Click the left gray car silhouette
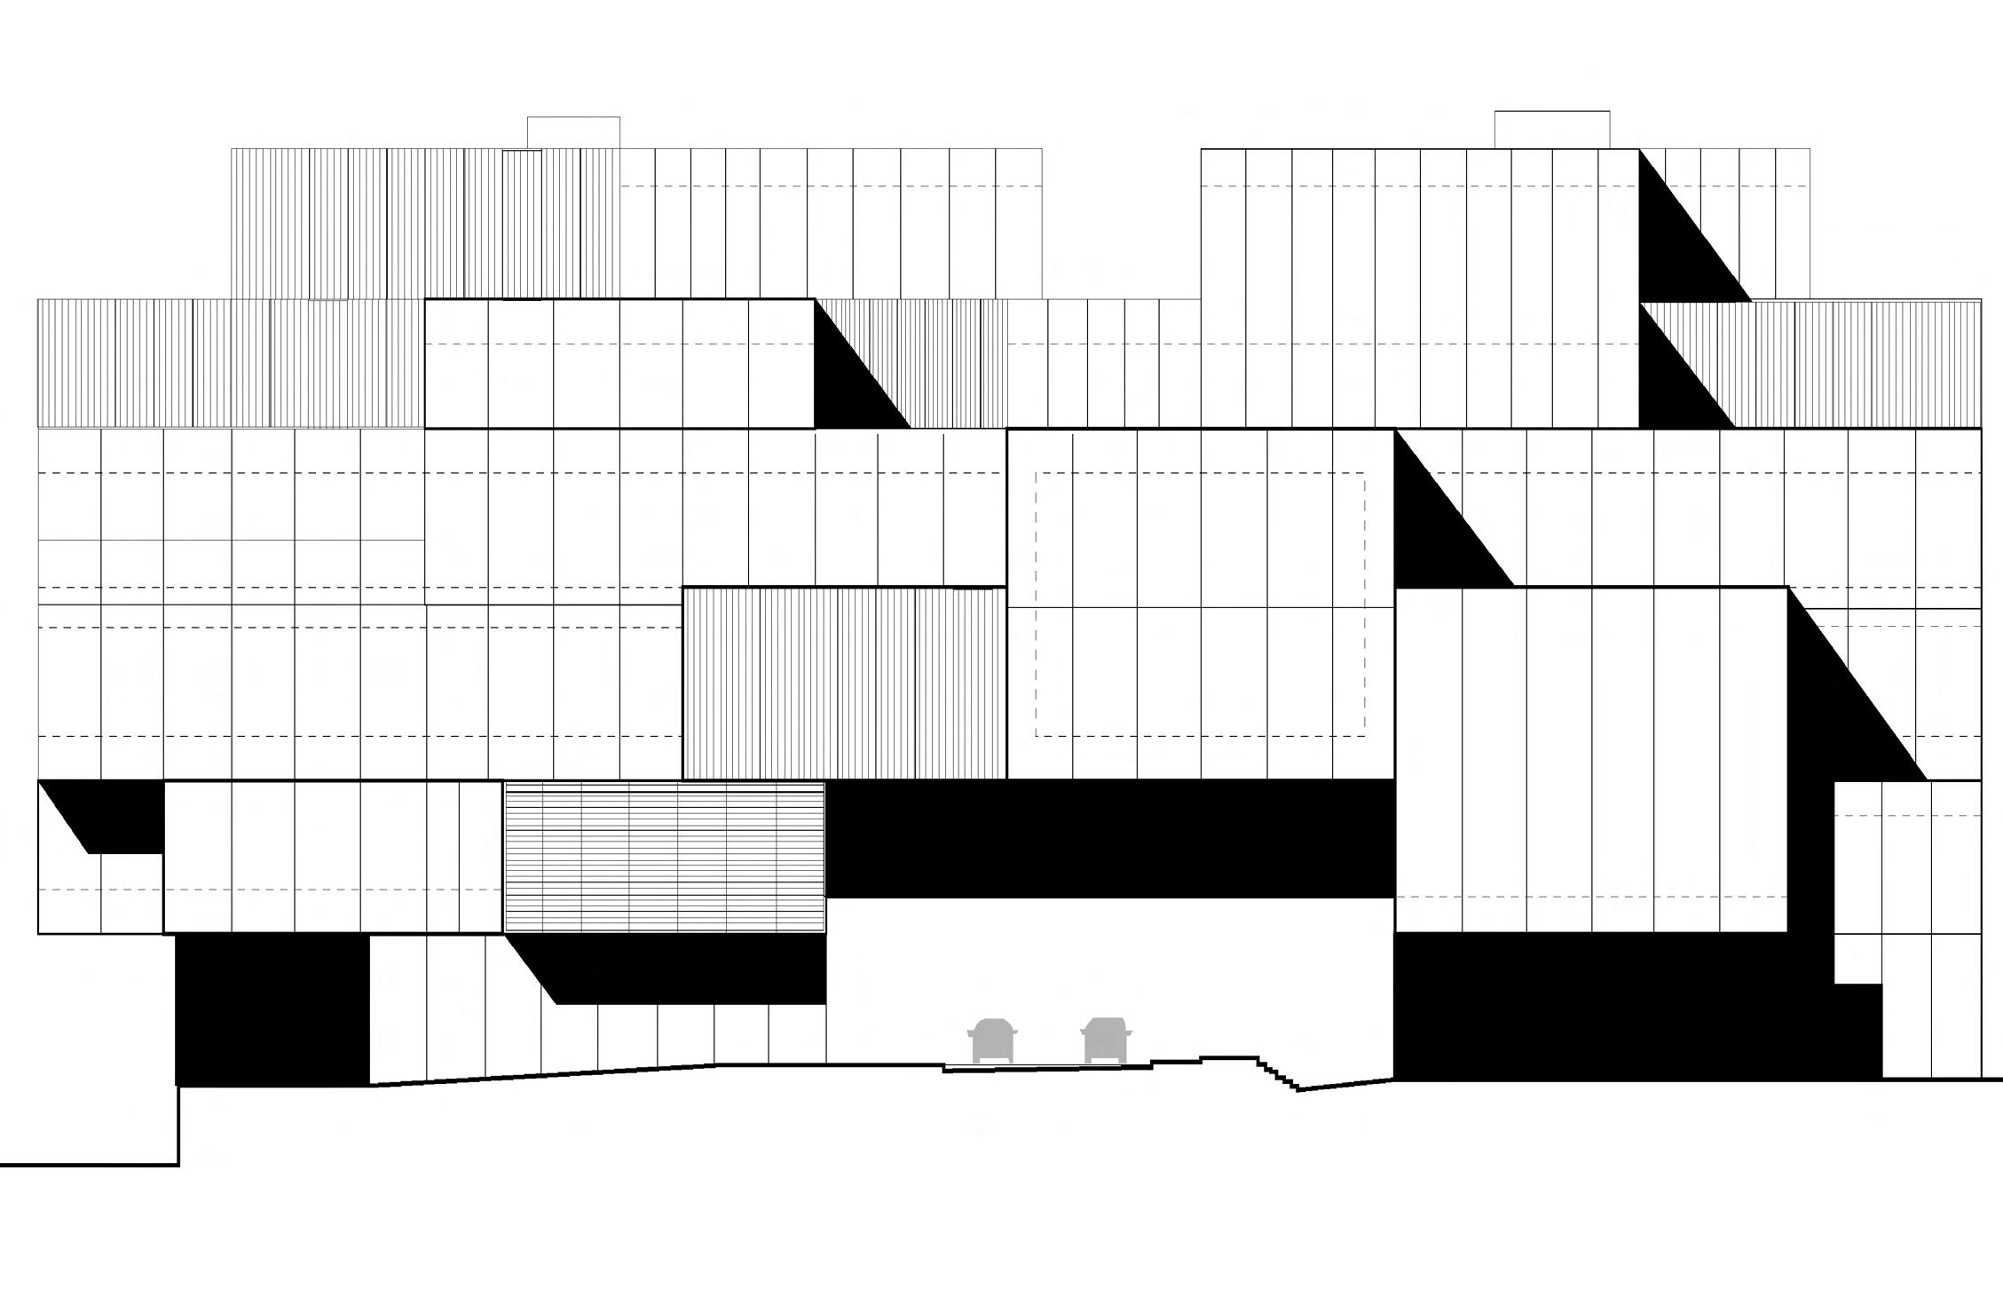pyautogui.click(x=992, y=1040)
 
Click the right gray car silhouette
pyautogui.click(x=1105, y=1040)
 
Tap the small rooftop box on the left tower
pyautogui.click(x=573, y=132)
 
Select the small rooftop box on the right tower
pyautogui.click(x=1551, y=130)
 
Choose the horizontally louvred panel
pyautogui.click(x=664, y=857)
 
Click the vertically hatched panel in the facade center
pyautogui.click(x=844, y=683)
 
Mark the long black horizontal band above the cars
pyautogui.click(x=1109, y=839)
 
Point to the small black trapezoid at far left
pyautogui.click(x=111, y=817)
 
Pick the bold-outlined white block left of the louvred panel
pyautogui.click(x=333, y=857)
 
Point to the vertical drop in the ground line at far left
pyautogui.click(x=179, y=1125)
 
